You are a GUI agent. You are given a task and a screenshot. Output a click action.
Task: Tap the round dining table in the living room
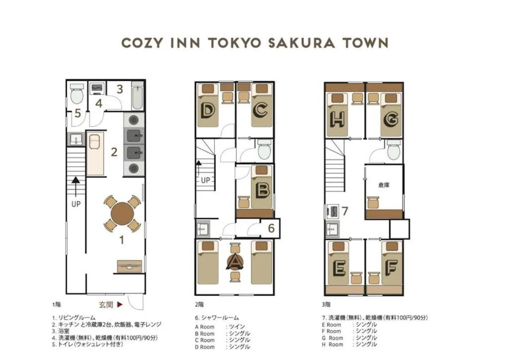tap(122, 214)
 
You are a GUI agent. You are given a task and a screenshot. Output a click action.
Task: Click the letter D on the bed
tap(207, 111)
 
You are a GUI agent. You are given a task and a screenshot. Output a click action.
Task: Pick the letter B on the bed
tap(262, 191)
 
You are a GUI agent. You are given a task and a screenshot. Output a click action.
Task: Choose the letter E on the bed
tap(338, 269)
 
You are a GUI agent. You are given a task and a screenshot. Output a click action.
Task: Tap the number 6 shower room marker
tap(271, 228)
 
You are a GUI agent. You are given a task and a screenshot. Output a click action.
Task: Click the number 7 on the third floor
tap(345, 211)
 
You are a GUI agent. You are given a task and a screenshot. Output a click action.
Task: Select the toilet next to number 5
tap(76, 94)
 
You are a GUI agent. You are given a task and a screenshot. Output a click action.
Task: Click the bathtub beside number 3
tap(138, 96)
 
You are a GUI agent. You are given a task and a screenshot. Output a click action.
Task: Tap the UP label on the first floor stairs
tap(76, 204)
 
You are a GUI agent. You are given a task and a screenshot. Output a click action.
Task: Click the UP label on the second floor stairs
tap(205, 180)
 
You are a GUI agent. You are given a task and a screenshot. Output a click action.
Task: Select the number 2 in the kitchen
tap(114, 152)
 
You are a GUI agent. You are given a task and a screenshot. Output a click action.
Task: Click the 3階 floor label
tap(326, 305)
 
